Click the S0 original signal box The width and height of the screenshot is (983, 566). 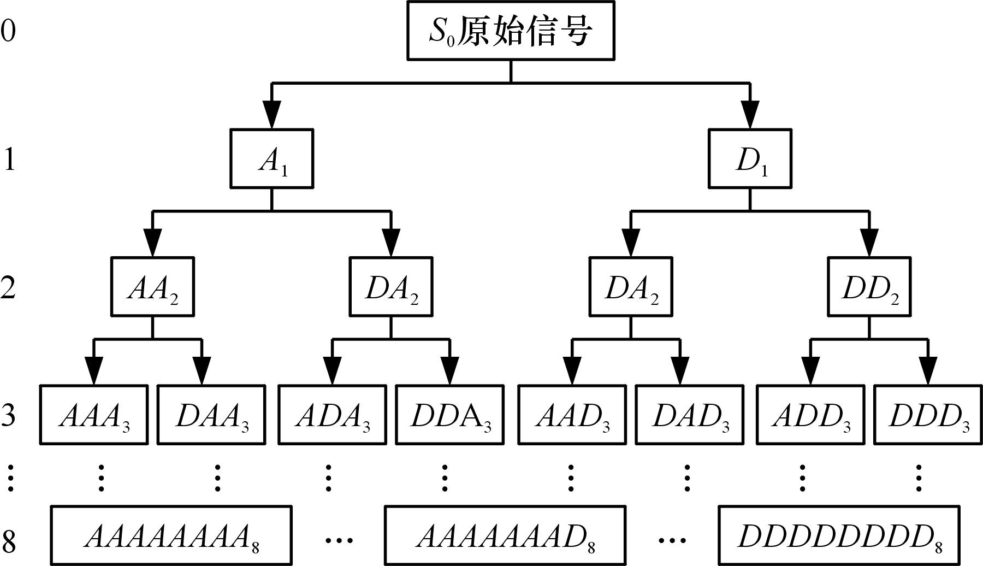point(510,31)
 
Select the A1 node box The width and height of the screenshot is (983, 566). point(271,159)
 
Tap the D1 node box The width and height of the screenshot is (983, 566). point(750,159)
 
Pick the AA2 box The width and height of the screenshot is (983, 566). point(152,287)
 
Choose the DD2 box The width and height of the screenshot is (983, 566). point(869,287)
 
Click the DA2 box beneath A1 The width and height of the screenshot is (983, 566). point(391,287)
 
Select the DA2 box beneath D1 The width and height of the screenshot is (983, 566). point(631,287)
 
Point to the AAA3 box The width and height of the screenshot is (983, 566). point(94,415)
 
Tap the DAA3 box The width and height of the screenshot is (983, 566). point(211,415)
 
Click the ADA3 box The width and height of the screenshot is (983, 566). point(332,415)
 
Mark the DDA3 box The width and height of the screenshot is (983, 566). point(449,415)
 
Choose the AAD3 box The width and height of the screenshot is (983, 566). point(572,415)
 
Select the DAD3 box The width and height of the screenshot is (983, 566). point(689,415)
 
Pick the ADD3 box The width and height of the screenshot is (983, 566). point(810,415)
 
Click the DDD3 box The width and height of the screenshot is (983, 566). point(928,415)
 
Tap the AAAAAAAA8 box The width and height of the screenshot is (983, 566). point(171,536)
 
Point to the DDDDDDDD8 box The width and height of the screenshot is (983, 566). point(839,536)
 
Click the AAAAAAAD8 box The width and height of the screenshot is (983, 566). point(505,536)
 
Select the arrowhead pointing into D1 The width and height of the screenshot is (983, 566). point(750,116)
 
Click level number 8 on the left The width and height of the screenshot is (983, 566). point(9,540)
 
